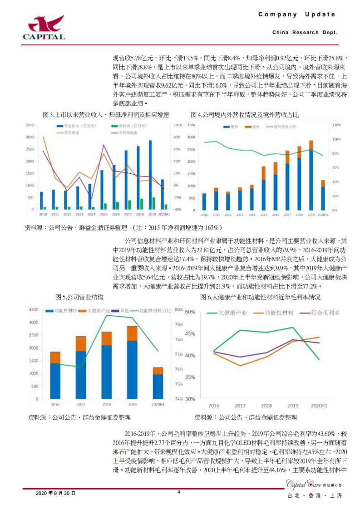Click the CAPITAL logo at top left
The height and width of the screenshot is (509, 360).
point(44,27)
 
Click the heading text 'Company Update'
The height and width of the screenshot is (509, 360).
point(297,15)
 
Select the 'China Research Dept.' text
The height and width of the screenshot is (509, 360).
point(304,33)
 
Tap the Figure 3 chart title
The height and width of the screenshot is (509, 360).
point(106,115)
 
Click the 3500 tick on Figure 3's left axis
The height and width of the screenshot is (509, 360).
point(30,125)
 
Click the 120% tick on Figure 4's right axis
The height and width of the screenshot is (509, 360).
point(336,125)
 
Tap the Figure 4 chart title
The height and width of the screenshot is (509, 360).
point(245,115)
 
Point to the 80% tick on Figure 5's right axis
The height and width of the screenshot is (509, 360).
point(178,310)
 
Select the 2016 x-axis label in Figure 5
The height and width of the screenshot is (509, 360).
point(55,404)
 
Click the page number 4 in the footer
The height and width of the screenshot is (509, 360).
point(178,492)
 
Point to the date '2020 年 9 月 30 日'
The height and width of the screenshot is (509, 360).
point(55,493)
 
